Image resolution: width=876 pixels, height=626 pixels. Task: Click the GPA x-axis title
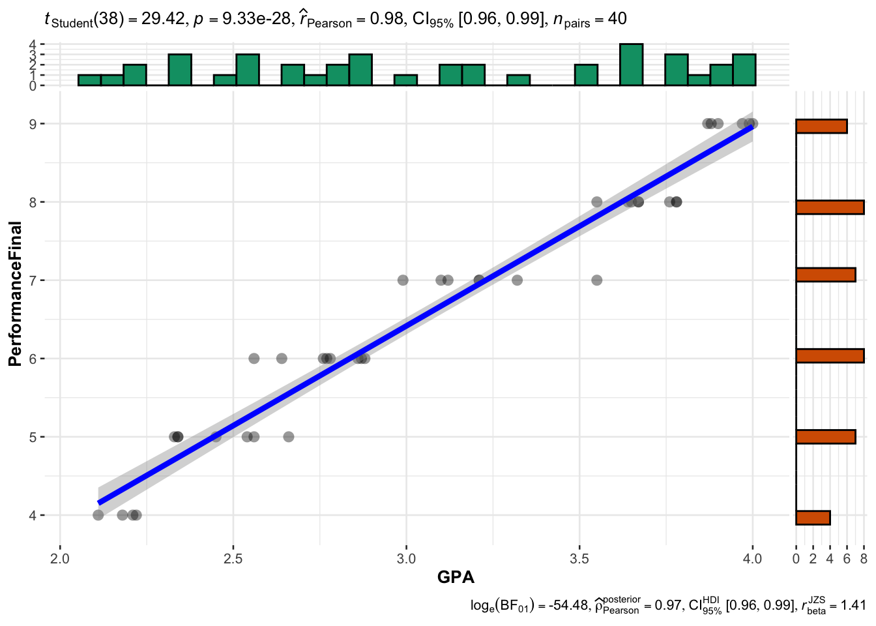click(x=456, y=577)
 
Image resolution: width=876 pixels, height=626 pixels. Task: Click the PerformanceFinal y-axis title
click(x=16, y=294)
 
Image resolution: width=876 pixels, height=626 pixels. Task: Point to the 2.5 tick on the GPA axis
click(x=233, y=559)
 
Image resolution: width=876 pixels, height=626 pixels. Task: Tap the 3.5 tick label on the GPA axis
click(x=579, y=559)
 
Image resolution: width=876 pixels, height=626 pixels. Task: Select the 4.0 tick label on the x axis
click(x=752, y=559)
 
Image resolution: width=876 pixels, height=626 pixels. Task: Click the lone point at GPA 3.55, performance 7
click(x=596, y=280)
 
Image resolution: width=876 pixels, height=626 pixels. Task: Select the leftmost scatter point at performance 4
click(x=98, y=515)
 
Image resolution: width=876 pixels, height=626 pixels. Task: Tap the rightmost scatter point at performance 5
click(x=289, y=437)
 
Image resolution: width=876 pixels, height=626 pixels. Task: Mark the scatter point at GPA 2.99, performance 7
click(x=403, y=280)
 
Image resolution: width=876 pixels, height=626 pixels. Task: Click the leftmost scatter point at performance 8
click(x=596, y=202)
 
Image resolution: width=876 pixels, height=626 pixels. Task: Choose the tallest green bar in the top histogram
click(x=631, y=65)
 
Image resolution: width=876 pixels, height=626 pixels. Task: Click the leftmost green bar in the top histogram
click(x=89, y=80)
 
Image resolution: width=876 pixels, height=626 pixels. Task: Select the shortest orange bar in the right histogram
click(x=813, y=518)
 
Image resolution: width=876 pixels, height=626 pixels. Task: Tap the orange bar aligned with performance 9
click(x=821, y=127)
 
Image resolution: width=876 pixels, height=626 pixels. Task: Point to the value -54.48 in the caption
click(x=568, y=606)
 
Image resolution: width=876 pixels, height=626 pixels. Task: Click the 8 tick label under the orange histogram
click(x=864, y=559)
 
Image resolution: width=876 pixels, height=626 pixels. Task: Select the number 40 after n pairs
click(x=617, y=19)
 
